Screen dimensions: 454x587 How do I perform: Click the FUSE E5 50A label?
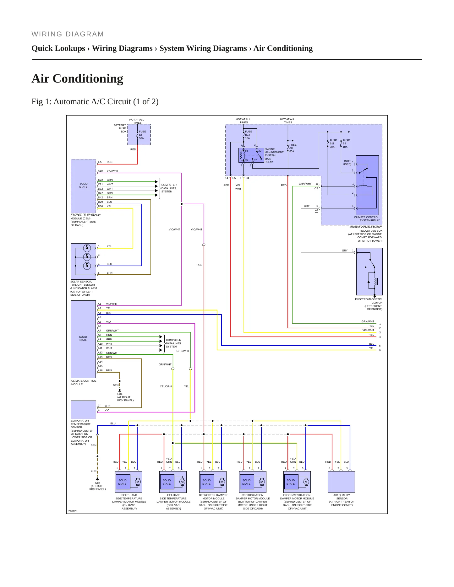pyautogui.click(x=142, y=135)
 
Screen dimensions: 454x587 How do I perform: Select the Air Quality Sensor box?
pyautogui.click(x=341, y=482)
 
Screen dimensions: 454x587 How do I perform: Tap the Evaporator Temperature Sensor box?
pyautogui.click(x=83, y=410)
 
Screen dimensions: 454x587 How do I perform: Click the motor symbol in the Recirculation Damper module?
pyautogui.click(x=262, y=482)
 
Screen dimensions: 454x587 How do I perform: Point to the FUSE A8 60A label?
pyautogui.click(x=293, y=148)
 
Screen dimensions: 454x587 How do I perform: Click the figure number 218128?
pyautogui.click(x=73, y=511)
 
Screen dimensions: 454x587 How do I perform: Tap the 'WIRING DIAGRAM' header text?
pyautogui.click(x=68, y=34)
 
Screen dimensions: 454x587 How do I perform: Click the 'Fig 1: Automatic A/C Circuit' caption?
pyautogui.click(x=95, y=102)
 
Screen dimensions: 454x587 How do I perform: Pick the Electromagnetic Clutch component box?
pyautogui.click(x=369, y=272)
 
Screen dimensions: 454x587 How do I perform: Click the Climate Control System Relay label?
pyautogui.click(x=367, y=219)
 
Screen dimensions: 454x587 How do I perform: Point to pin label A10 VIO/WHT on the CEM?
pyautogui.click(x=108, y=171)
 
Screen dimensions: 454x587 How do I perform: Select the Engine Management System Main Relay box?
pyautogui.click(x=251, y=155)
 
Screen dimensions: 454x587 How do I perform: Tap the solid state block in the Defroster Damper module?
pyautogui.click(x=206, y=482)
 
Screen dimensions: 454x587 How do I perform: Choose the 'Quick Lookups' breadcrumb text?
pyautogui.click(x=58, y=48)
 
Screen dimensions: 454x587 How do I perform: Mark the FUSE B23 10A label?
pyautogui.click(x=248, y=135)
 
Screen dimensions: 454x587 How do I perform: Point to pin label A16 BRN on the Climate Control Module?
pyautogui.click(x=105, y=370)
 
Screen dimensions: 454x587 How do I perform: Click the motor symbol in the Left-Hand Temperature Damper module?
pyautogui.click(x=182, y=482)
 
